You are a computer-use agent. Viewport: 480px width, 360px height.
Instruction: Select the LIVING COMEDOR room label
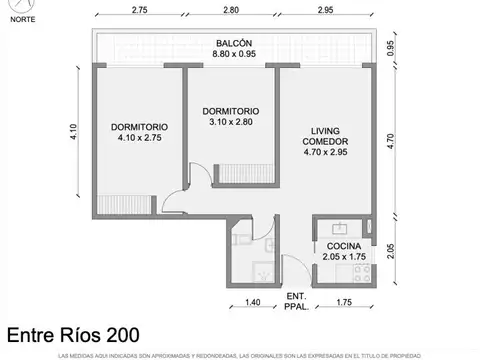(x=326, y=136)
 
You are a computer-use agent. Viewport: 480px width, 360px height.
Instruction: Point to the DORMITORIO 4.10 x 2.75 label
(x=139, y=133)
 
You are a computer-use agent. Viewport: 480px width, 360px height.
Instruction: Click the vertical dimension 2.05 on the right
(x=391, y=250)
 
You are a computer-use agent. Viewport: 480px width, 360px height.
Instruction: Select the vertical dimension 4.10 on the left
(x=73, y=132)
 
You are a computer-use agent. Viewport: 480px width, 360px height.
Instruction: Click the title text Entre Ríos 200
(x=73, y=335)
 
